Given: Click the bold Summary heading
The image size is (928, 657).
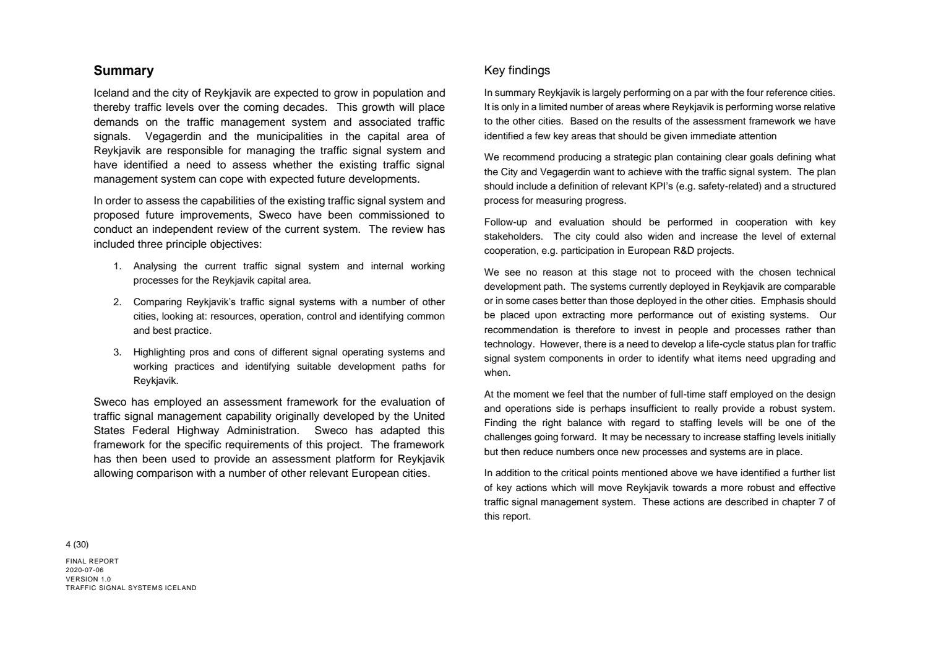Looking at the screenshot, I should coord(124,71).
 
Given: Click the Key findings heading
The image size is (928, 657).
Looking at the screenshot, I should coord(517,71).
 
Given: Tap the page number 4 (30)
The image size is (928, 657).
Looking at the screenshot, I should coord(77,545).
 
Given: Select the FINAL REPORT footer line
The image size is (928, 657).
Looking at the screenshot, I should coord(92,561).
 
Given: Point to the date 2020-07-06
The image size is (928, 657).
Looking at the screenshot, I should coord(85,570).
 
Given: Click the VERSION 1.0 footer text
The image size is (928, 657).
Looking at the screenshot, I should coord(88,579).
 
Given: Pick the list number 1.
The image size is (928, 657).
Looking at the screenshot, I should coord(117,266).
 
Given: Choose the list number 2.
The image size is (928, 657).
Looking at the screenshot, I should coord(117,302).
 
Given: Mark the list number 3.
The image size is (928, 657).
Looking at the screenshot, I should coord(117,352).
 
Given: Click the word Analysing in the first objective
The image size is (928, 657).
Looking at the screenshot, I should coord(155,266).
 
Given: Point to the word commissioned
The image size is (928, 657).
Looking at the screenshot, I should coord(402,215).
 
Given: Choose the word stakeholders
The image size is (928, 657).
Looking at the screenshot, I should coord(513,237).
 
